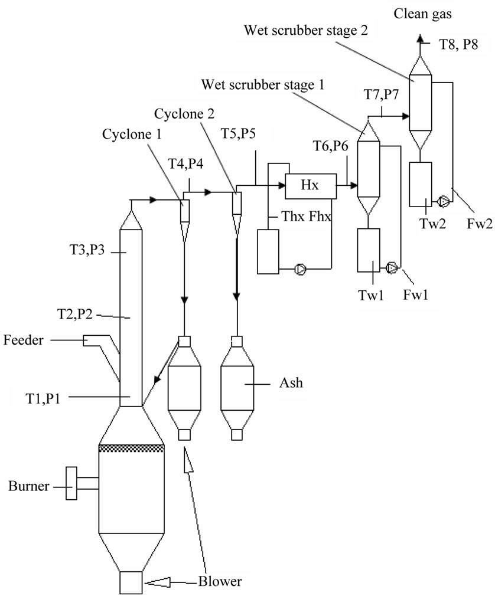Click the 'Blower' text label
(220, 581)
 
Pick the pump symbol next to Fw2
(443, 202)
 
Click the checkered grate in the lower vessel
(131, 448)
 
